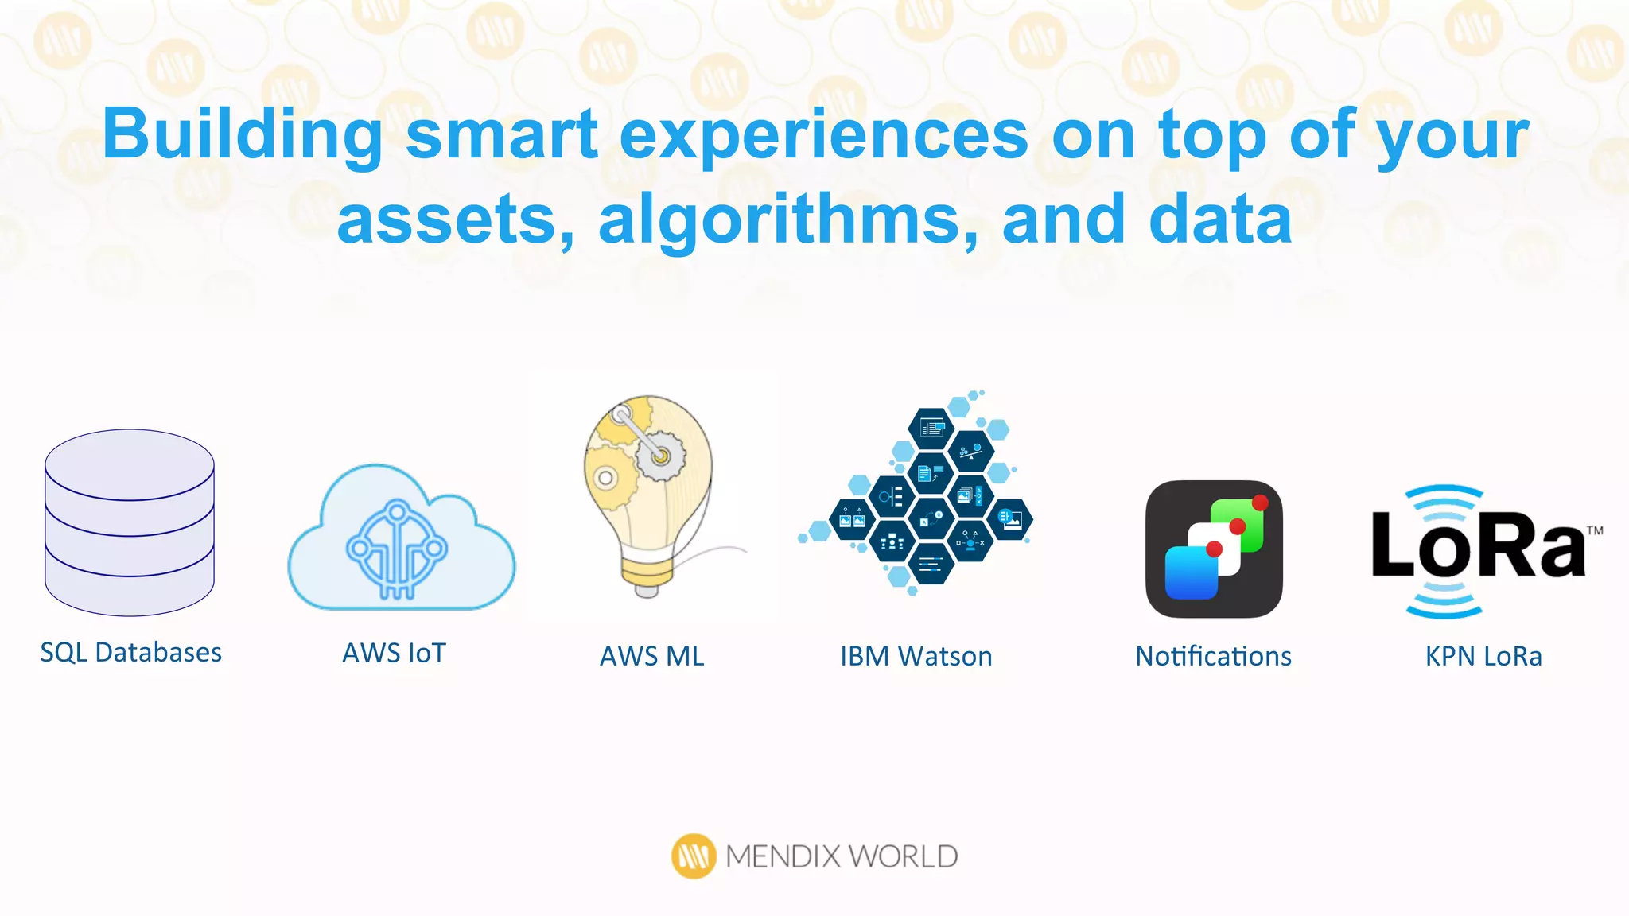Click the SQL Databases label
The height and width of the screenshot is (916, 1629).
pyautogui.click(x=131, y=653)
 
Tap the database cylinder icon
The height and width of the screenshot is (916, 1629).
pyautogui.click(x=130, y=523)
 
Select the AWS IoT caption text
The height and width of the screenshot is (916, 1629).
pyautogui.click(x=395, y=654)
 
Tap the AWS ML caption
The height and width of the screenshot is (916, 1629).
pyautogui.click(x=652, y=657)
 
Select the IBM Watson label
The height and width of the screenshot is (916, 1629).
pyautogui.click(x=916, y=657)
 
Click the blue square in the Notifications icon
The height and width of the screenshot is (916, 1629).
pyautogui.click(x=1191, y=572)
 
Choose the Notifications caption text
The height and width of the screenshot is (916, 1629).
pyautogui.click(x=1213, y=657)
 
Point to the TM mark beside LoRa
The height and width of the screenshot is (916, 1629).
pyautogui.click(x=1594, y=530)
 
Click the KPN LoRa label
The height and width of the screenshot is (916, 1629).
pyautogui.click(x=1483, y=657)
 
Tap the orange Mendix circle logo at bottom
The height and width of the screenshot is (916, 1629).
pyautogui.click(x=694, y=856)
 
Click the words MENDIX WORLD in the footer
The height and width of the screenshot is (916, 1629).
pyautogui.click(x=842, y=856)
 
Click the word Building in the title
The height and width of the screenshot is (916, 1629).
pyautogui.click(x=243, y=135)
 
